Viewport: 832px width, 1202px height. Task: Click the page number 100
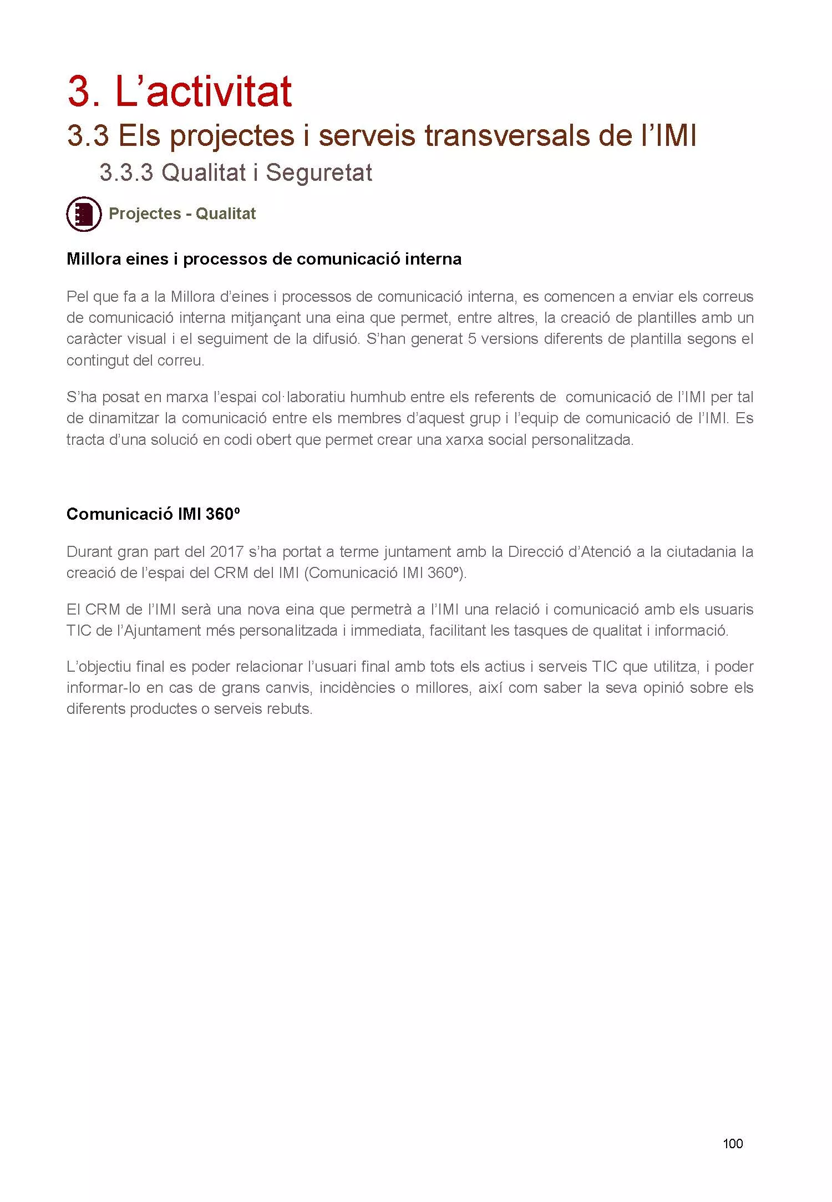coord(732,1143)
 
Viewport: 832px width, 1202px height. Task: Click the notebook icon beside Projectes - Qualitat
coord(84,214)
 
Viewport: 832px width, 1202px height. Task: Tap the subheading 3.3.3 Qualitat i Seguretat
coord(235,173)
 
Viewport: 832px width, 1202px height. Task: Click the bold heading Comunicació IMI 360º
coord(153,514)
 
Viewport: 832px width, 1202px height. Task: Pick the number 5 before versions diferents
coord(472,339)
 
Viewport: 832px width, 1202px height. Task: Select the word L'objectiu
coord(97,667)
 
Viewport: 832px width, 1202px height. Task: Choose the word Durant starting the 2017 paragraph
coord(89,551)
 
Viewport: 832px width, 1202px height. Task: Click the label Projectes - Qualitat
coord(182,214)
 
